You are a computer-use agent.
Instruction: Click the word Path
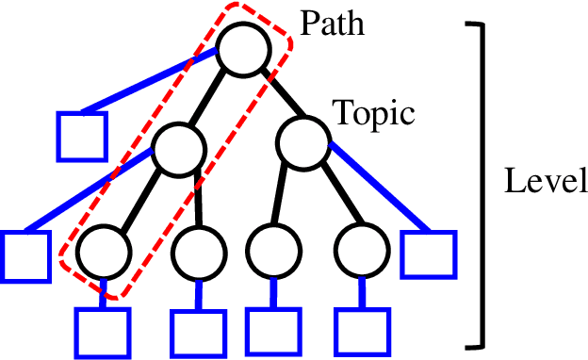[331, 22]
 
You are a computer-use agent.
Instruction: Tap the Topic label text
[374, 115]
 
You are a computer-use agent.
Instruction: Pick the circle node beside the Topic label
[302, 141]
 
